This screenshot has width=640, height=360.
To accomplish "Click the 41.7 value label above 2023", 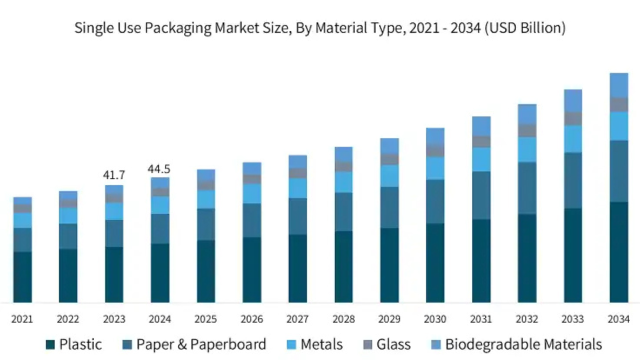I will (x=114, y=175).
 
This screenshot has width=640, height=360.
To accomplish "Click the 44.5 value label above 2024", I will (x=160, y=169).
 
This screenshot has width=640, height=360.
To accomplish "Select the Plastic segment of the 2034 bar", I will (x=618, y=252).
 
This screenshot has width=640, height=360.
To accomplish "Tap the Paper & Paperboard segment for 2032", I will (x=527, y=188).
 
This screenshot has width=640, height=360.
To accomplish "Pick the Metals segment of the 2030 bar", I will (x=435, y=168).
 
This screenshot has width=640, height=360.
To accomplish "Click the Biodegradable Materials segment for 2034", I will (x=618, y=85).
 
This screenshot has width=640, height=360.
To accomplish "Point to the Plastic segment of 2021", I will (x=22, y=277).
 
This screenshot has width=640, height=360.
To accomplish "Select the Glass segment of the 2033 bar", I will (x=573, y=118).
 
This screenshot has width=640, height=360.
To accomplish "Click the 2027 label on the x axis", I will (x=297, y=319).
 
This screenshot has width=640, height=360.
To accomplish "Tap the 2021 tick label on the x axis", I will (x=22, y=319).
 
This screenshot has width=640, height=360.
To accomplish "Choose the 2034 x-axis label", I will (x=618, y=319).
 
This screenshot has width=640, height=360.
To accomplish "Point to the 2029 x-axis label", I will (x=389, y=319).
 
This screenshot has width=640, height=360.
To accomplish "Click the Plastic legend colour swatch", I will (x=50, y=344).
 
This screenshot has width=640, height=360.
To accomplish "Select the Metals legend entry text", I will (x=321, y=344).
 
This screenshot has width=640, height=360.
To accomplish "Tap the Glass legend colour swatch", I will (x=368, y=344).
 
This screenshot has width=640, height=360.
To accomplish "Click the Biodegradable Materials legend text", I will (x=523, y=344).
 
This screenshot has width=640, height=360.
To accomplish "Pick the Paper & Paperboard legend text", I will (x=201, y=344).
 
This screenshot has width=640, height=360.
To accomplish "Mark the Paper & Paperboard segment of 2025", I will (x=206, y=224).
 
